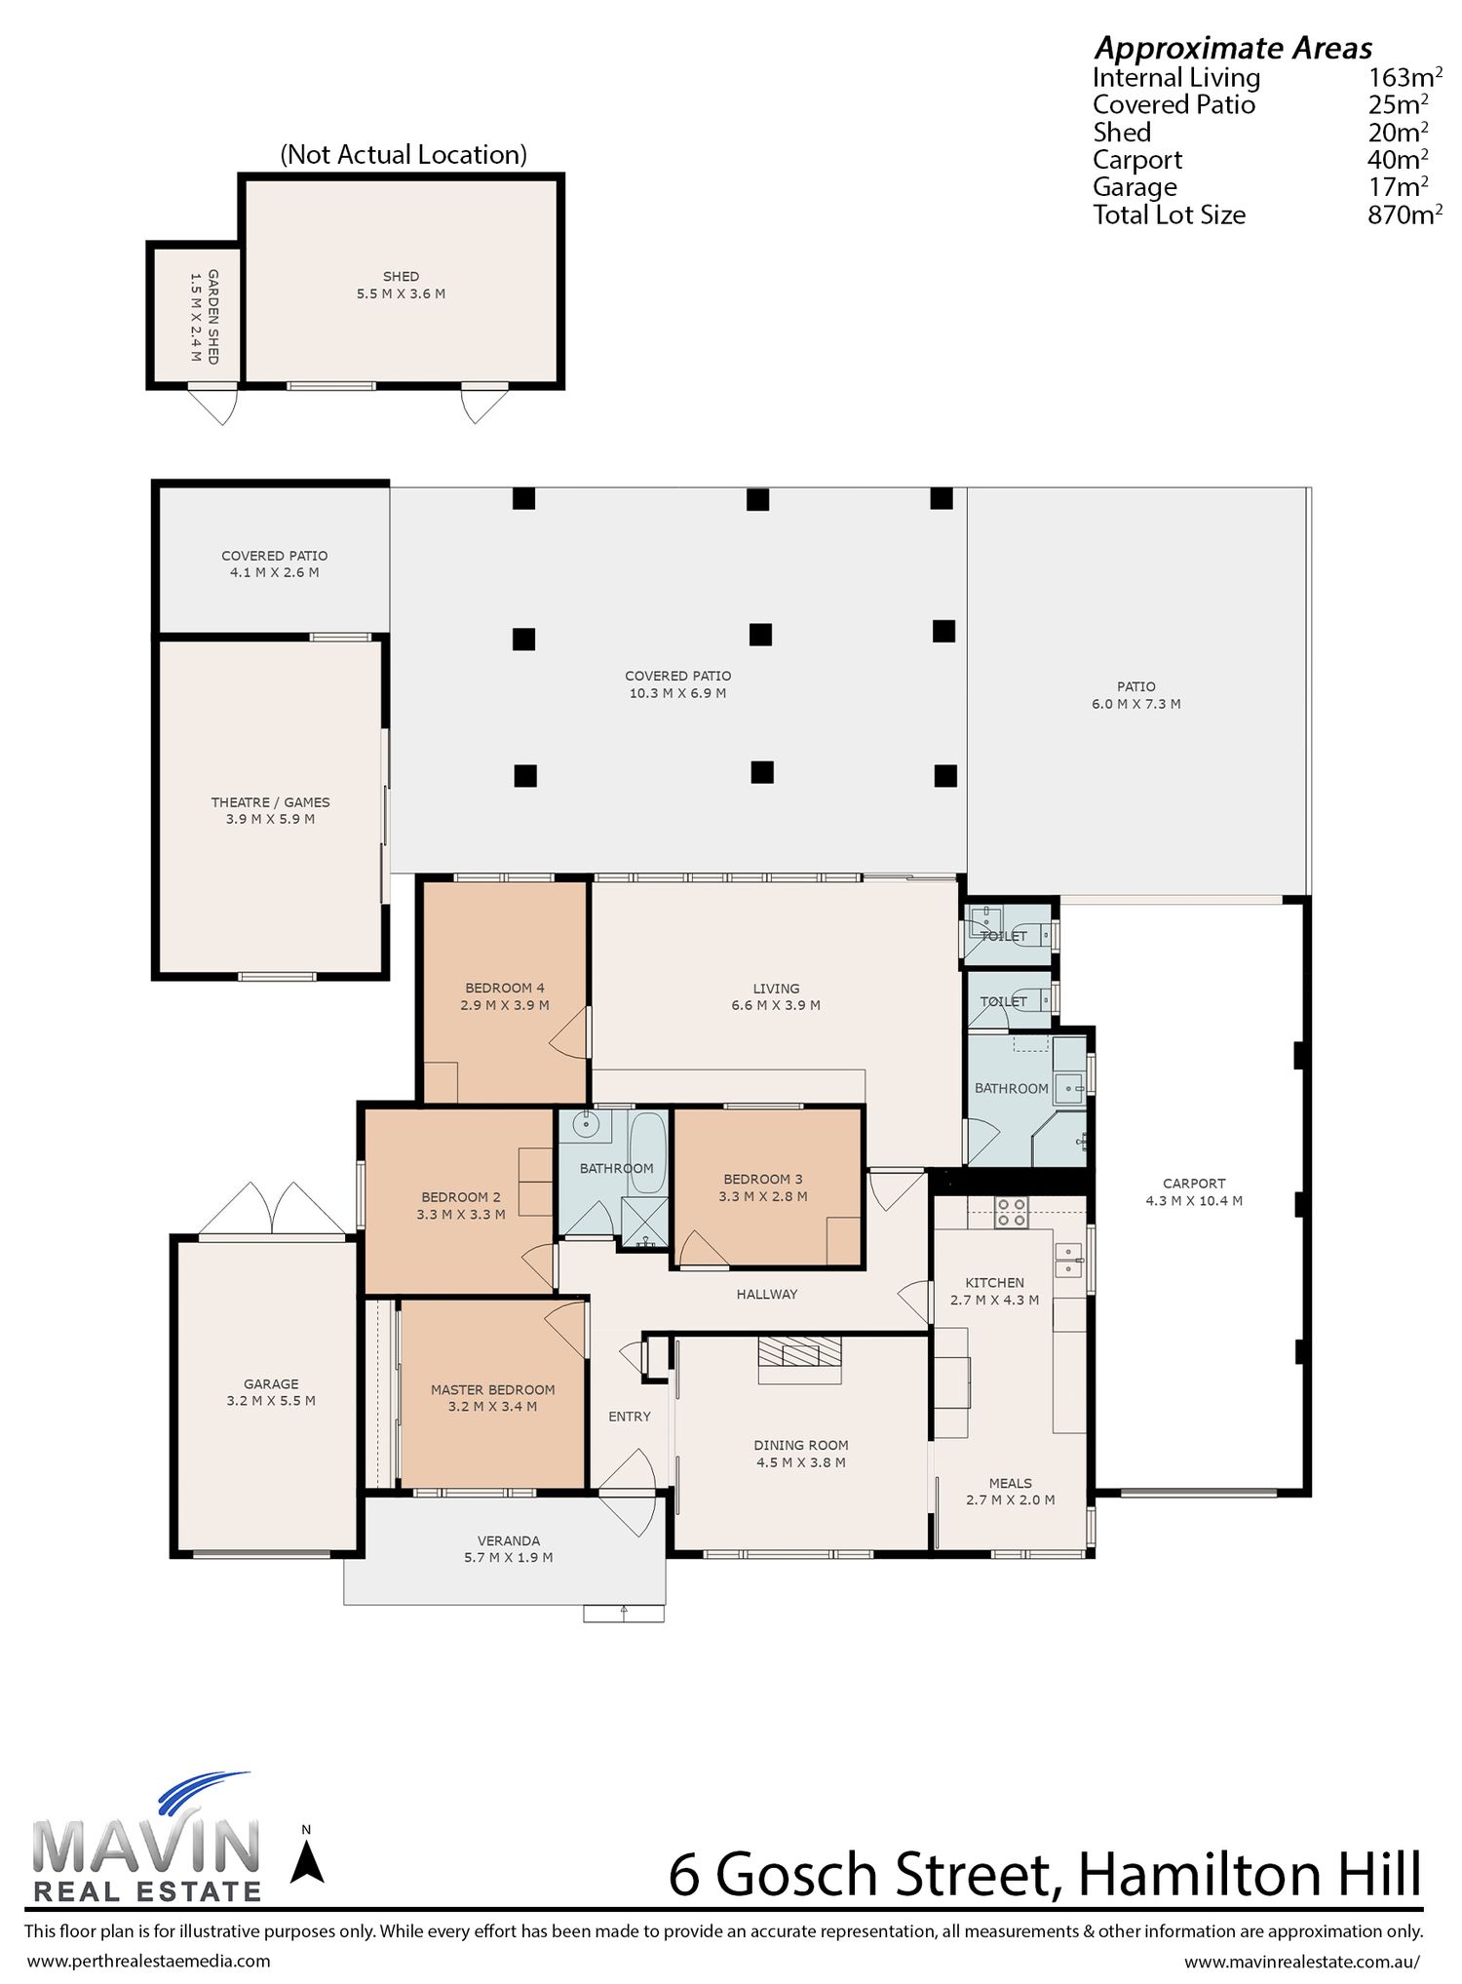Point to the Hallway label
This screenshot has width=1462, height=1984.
tap(767, 1295)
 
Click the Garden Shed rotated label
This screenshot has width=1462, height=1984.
tap(205, 317)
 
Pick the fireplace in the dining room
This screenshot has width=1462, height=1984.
tap(800, 1359)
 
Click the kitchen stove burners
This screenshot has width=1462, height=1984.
tap(1012, 1212)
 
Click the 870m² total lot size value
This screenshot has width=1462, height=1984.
tap(1404, 214)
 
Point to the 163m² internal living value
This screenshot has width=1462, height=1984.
tap(1404, 77)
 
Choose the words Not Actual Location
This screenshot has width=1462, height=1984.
tap(404, 155)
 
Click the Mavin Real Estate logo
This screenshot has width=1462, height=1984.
tap(146, 1839)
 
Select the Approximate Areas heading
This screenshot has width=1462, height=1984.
tap(1233, 48)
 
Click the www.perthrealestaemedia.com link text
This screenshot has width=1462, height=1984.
tap(148, 1961)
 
